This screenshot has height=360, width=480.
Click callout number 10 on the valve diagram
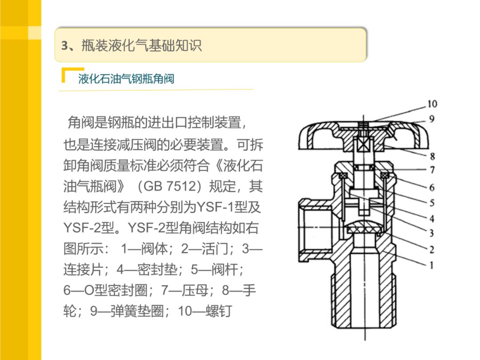pyautogui.click(x=432, y=104)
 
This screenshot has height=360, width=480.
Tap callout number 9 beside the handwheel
pyautogui.click(x=432, y=119)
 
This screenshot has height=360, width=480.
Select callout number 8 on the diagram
pyautogui.click(x=432, y=156)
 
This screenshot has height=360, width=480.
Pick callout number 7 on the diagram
pyautogui.click(x=432, y=169)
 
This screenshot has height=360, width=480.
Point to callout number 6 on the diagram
pyautogui.click(x=432, y=187)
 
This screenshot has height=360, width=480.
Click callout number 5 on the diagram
pyautogui.click(x=432, y=203)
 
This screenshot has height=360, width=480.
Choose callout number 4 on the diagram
pyautogui.click(x=432, y=218)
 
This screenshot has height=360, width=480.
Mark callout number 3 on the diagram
pyautogui.click(x=432, y=232)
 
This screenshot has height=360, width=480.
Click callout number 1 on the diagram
pyautogui.click(x=432, y=265)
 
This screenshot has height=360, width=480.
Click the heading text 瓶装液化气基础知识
pyautogui.click(x=141, y=46)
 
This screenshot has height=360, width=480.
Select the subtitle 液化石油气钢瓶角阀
pyautogui.click(x=126, y=79)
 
